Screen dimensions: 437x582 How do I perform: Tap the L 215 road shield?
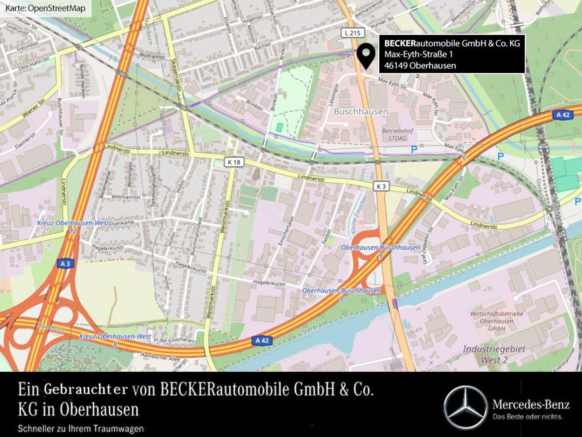pyautogui.click(x=353, y=33)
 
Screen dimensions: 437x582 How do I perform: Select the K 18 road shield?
pyautogui.click(x=234, y=162)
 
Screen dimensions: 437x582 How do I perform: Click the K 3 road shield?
pyautogui.click(x=381, y=186)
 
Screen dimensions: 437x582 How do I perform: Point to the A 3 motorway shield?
pyautogui.click(x=65, y=263)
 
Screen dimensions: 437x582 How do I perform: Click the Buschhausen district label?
pyautogui.click(x=361, y=112)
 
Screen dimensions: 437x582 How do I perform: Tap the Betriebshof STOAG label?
pyautogui.click(x=398, y=134)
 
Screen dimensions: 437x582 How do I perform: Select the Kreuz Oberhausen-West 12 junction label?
pyautogui.click(x=73, y=226)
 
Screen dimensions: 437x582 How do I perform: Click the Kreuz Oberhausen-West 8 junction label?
pyautogui.click(x=115, y=339)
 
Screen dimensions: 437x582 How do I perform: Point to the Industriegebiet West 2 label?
pyautogui.click(x=494, y=354)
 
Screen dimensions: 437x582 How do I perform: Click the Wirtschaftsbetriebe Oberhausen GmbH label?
pyautogui.click(x=496, y=321)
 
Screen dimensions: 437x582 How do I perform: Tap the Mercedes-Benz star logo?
pyautogui.click(x=465, y=407)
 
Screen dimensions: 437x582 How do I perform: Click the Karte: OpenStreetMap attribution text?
pyautogui.click(x=45, y=8)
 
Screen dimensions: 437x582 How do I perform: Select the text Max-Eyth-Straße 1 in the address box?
pyautogui.click(x=418, y=54)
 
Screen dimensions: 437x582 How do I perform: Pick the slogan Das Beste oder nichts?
pyautogui.click(x=527, y=416)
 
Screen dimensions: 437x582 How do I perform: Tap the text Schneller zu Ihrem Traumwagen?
pyautogui.click(x=80, y=429)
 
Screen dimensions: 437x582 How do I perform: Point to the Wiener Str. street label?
pyautogui.click(x=34, y=108)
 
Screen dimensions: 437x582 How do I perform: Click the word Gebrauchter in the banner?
pyautogui.click(x=86, y=389)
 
